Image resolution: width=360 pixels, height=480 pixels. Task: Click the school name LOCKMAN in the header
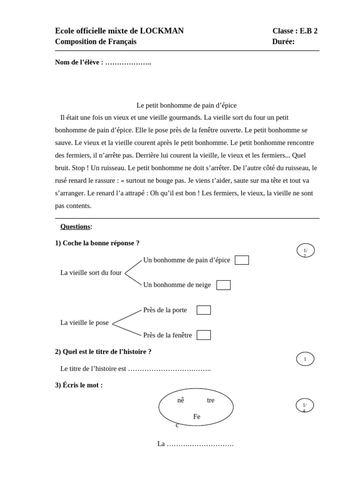click(162, 31)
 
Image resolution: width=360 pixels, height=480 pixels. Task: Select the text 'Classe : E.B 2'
click(295, 31)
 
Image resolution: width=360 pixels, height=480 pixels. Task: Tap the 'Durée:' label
click(283, 42)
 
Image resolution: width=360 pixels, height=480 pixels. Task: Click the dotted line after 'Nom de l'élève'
click(128, 62)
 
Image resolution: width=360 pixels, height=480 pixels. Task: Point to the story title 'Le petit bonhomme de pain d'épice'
click(187, 105)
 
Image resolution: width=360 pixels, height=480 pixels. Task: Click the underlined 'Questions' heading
click(75, 227)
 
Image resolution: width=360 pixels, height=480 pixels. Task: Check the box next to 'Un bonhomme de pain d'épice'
click(242, 260)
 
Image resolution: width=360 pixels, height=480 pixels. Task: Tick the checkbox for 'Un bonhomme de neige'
click(224, 285)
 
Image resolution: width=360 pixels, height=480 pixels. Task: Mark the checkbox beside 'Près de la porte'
click(204, 310)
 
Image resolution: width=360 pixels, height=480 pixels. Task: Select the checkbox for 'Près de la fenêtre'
click(204, 335)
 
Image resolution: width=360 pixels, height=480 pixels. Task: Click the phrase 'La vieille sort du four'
click(91, 273)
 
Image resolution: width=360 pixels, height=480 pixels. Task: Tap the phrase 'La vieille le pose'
click(84, 322)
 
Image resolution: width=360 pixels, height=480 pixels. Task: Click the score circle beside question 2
click(305, 359)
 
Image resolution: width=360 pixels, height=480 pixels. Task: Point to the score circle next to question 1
click(306, 250)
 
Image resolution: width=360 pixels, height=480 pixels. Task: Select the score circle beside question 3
click(305, 405)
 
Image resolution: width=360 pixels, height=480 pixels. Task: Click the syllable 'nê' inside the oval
click(180, 400)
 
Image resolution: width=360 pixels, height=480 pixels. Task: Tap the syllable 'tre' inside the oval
click(210, 400)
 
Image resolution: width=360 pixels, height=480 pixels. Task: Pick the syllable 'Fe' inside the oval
click(197, 417)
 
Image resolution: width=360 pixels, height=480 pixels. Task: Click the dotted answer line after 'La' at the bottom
click(200, 444)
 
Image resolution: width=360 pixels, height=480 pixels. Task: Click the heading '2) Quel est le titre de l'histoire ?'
click(103, 352)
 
